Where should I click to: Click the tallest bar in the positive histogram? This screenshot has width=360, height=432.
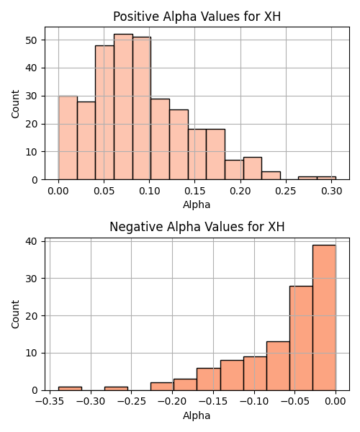coord(123,107)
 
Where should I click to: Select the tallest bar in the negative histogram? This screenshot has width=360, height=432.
coord(324,318)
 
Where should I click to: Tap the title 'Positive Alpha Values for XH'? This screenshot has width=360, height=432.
coord(197,17)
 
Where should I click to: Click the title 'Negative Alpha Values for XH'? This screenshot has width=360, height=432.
coord(197,227)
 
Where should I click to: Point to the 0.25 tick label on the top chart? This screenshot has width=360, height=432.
coord(286,191)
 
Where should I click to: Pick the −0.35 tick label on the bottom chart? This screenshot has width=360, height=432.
coord(50,402)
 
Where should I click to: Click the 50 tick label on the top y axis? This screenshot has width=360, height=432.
coord(31,40)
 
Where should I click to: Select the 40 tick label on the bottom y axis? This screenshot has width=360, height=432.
coord(31,242)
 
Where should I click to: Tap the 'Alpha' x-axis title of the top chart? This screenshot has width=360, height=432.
coord(197,204)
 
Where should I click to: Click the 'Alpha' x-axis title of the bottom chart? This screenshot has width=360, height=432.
coord(197,415)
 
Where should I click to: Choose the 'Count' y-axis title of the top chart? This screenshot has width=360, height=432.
coord(15,104)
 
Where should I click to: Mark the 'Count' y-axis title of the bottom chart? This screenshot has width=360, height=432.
coord(15,315)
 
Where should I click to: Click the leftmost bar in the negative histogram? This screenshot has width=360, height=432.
coord(70,389)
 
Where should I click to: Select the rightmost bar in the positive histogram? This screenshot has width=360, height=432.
coord(326,178)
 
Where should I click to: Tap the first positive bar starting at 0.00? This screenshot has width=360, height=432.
coord(68,138)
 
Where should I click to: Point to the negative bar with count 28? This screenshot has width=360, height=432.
coord(301,338)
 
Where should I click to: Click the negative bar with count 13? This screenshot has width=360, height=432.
coord(278,366)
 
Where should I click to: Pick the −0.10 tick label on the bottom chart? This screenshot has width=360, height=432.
coord(254,402)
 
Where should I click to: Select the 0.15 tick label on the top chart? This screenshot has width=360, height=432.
coord(194,191)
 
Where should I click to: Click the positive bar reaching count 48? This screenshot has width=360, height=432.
coord(104,112)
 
